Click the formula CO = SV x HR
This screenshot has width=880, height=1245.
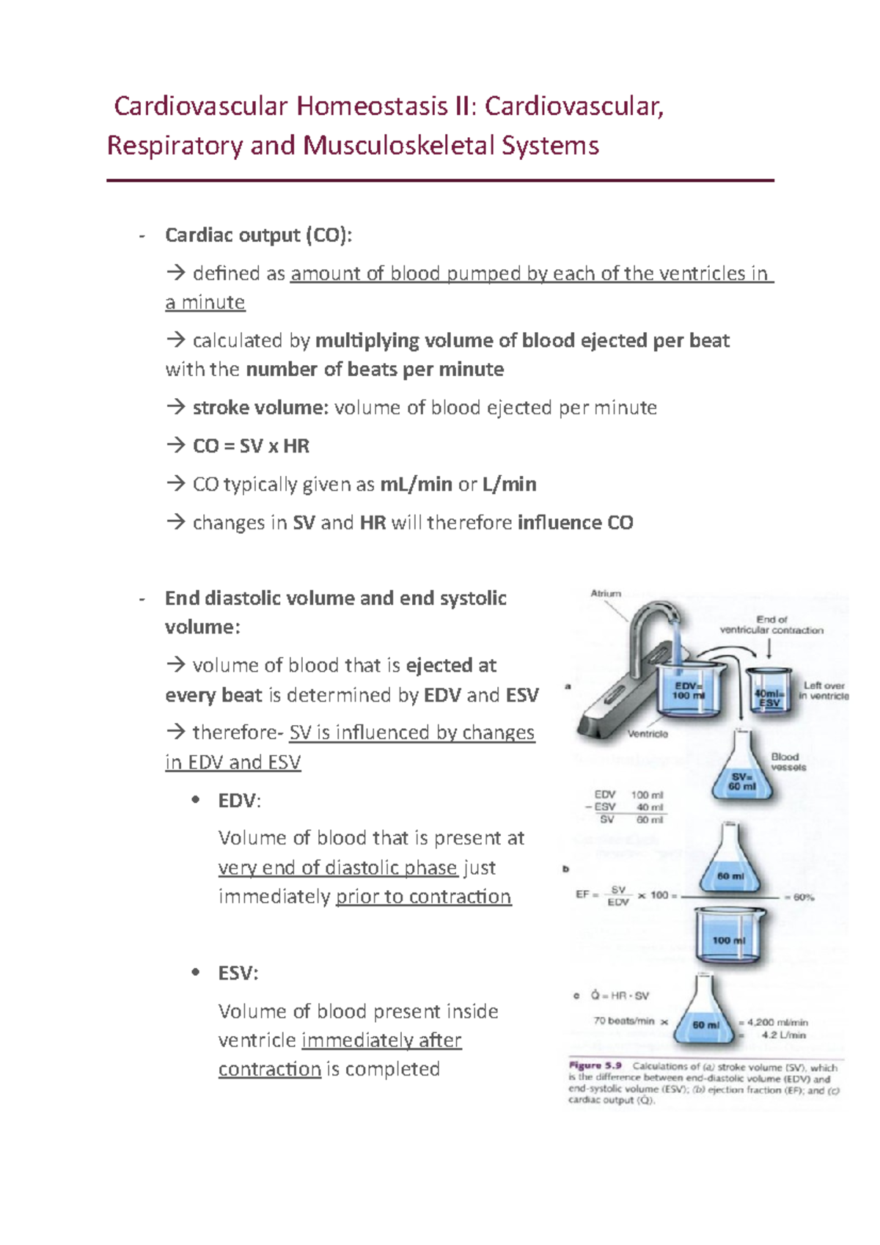pos(251,446)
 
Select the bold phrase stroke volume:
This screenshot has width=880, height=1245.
pos(260,408)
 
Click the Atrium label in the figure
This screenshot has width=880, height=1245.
pos(606,593)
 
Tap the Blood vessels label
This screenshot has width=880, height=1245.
pos(788,762)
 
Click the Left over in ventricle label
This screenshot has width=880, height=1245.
pos(824,691)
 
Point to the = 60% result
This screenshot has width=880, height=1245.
pos(799,897)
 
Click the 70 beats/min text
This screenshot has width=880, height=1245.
pos(623,1021)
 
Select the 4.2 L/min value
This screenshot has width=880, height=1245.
pos(783,1035)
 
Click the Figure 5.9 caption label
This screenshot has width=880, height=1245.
pos(595,1065)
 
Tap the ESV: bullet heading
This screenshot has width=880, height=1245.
pos(238,973)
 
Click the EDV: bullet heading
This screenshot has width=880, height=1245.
pos(239,800)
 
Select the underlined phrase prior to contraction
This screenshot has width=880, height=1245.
pos(423,897)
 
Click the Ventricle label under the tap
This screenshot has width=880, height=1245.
pos(648,733)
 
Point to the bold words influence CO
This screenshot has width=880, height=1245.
pos(575,522)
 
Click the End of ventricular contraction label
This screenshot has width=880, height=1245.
pos(771,625)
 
